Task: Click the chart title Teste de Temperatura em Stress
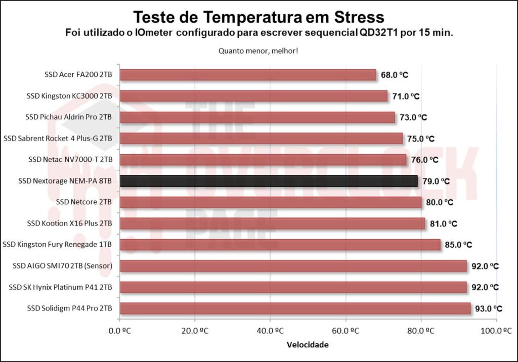tap(258, 17)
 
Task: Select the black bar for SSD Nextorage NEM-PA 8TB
tap(269, 181)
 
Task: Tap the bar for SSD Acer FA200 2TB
tap(248, 75)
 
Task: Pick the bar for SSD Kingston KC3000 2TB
tap(253, 96)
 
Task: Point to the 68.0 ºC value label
tap(395, 75)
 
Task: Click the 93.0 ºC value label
tap(488, 308)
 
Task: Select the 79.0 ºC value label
tap(436, 181)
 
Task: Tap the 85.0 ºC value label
tap(458, 245)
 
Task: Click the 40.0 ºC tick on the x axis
tap(270, 331)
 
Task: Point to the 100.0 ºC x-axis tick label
tap(496, 331)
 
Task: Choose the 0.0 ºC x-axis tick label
tap(119, 331)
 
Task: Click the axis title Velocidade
tap(308, 345)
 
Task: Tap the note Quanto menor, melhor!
tap(258, 51)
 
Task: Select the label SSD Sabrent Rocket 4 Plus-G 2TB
tap(58, 139)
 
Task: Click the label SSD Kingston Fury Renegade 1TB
tap(57, 245)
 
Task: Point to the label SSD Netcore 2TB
tap(84, 202)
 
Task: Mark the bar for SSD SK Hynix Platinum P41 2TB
tap(293, 287)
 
